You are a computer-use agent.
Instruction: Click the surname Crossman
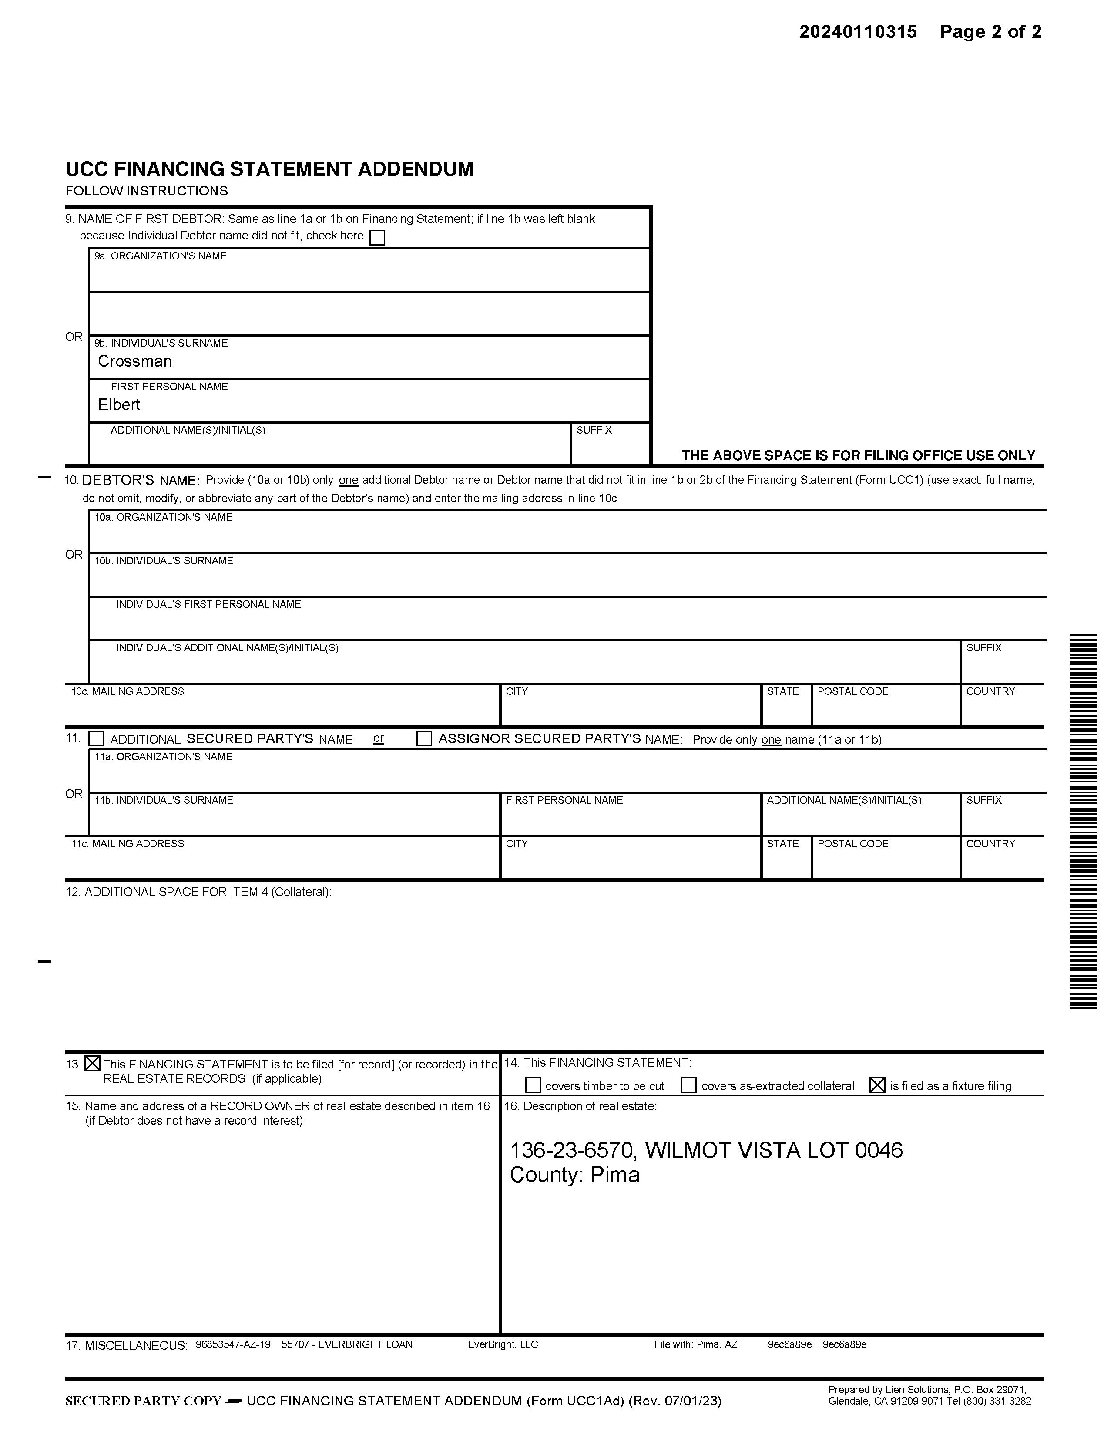point(134,361)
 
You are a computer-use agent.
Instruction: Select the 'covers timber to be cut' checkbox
point(533,1085)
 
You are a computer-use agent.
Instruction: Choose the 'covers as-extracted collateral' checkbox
point(688,1085)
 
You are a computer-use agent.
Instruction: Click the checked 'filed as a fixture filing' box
point(877,1085)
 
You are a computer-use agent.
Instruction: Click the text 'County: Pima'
point(574,1175)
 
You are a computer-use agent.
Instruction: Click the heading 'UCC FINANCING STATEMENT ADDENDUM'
point(269,169)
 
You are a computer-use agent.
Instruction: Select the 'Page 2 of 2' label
point(990,32)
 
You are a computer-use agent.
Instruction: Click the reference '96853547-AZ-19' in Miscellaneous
point(233,1344)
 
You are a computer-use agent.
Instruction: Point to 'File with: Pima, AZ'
point(695,1344)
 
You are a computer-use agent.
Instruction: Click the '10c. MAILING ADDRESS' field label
point(128,691)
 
